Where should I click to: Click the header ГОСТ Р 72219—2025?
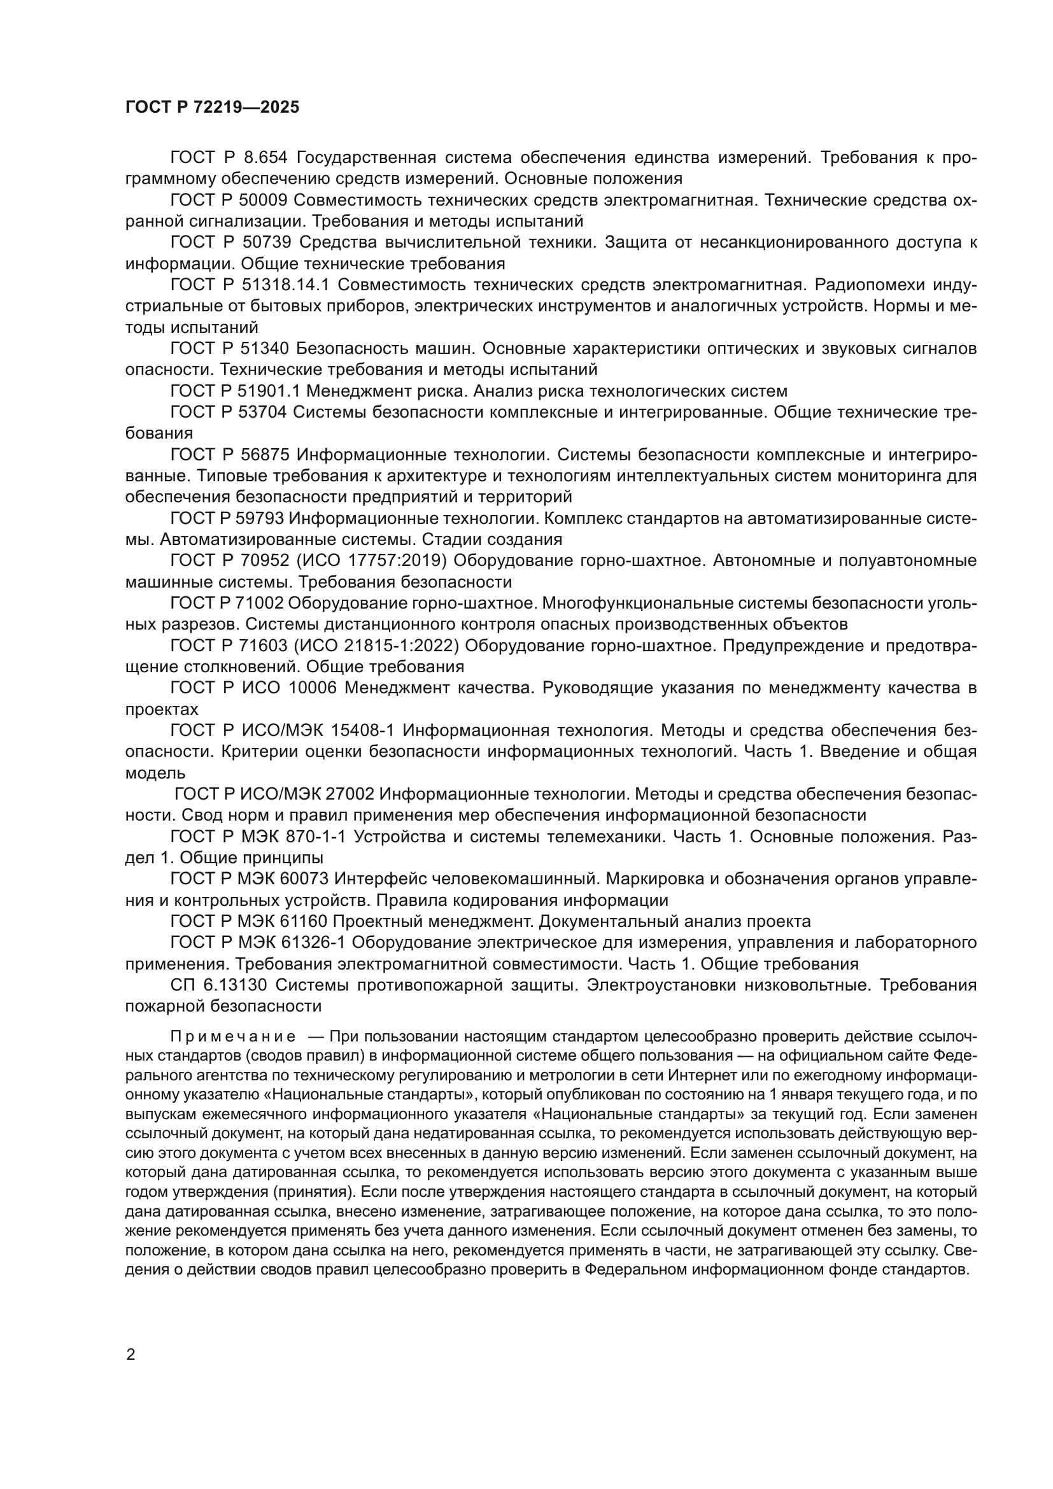coord(212,107)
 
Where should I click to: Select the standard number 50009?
coord(265,200)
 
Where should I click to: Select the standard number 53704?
coord(265,412)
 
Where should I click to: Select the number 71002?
coord(258,603)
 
